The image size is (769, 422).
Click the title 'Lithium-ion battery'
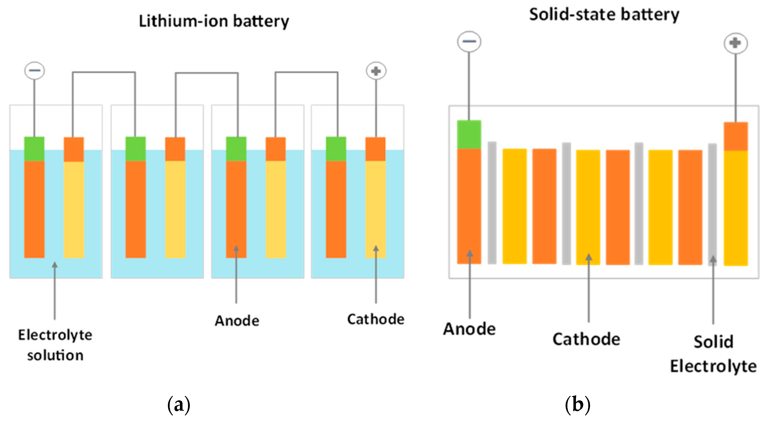click(x=214, y=21)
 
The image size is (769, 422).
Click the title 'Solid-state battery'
click(x=604, y=15)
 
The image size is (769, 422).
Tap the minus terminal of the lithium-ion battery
click(x=35, y=71)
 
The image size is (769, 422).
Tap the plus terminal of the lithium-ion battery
click(x=376, y=71)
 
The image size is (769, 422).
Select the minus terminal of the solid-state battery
click(x=469, y=41)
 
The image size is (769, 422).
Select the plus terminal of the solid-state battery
click(x=735, y=43)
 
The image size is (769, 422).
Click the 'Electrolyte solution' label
click(x=55, y=345)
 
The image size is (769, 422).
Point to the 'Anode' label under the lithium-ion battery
click(x=237, y=321)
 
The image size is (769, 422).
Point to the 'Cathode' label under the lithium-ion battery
click(x=376, y=319)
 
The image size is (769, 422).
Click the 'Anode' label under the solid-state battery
click(x=469, y=329)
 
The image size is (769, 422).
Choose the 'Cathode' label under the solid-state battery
click(x=586, y=339)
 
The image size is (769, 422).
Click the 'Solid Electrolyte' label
click(x=713, y=354)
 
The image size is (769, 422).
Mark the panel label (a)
click(x=178, y=405)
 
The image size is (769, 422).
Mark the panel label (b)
click(x=577, y=405)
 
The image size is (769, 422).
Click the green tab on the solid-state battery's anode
click(x=469, y=135)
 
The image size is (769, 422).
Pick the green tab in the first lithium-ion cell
click(x=34, y=149)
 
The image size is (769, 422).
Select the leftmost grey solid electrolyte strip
click(x=492, y=203)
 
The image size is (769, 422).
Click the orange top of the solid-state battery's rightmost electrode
click(x=736, y=137)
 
